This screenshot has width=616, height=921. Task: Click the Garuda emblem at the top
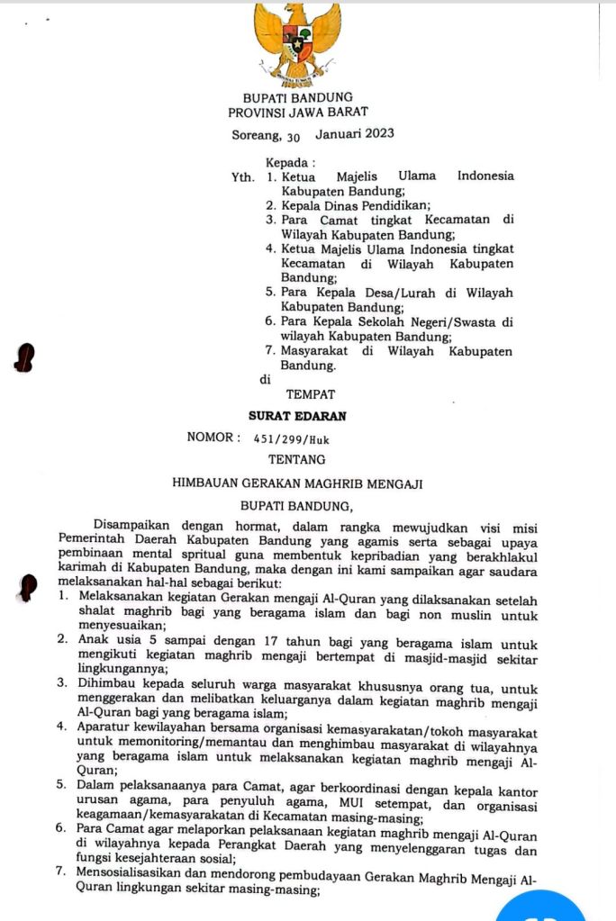[x=297, y=41]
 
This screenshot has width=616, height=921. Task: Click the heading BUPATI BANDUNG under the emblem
[x=298, y=97]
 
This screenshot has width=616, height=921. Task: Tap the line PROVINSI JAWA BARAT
[x=298, y=113]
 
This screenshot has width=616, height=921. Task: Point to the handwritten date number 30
[x=293, y=138]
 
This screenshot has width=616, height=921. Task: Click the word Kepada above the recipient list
[x=287, y=163]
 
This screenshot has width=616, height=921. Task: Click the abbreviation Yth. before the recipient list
[x=242, y=177]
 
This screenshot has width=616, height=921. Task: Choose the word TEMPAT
[x=311, y=394]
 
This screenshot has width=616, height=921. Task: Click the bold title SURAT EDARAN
[x=297, y=416]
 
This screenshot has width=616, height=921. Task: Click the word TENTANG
[x=297, y=459]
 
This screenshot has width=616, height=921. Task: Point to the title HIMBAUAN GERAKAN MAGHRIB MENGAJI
[x=297, y=483]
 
